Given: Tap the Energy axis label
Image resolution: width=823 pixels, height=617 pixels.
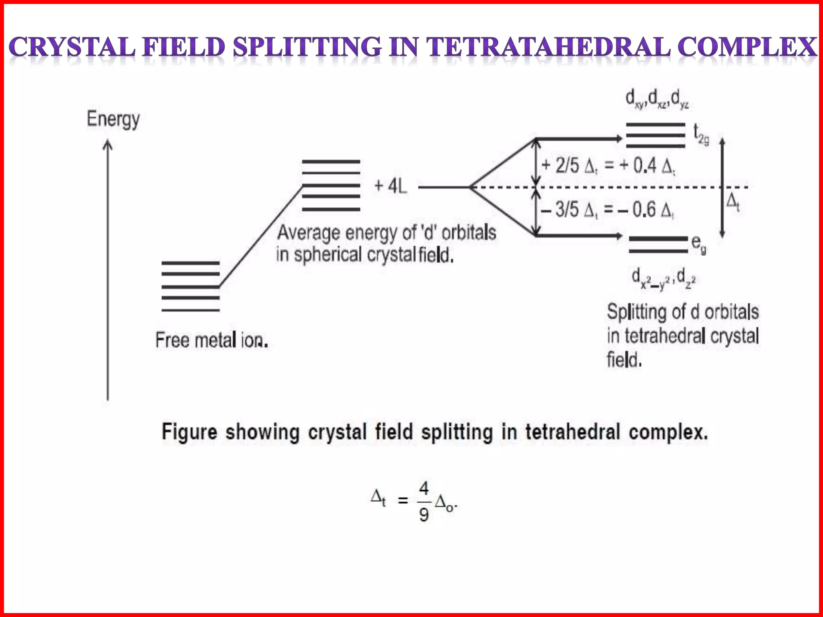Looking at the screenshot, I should tap(113, 119).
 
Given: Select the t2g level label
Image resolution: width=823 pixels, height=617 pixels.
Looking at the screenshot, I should tap(701, 135).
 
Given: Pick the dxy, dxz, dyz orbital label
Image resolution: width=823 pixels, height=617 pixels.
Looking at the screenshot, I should tap(657, 99).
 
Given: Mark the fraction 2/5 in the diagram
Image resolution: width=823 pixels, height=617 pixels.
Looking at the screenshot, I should tap(567, 166).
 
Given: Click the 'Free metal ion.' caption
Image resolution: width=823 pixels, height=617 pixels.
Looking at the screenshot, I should tap(212, 341).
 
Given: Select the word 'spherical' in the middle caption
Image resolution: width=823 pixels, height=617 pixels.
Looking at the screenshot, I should tap(328, 255).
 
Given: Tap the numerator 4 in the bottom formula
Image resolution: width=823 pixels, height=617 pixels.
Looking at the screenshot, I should tap(424, 489).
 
